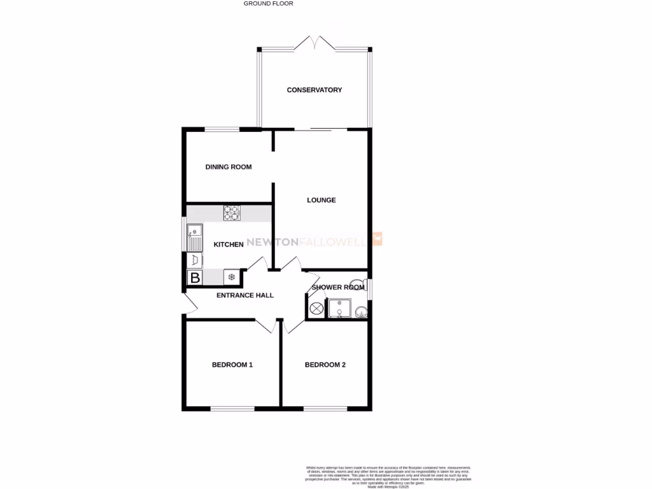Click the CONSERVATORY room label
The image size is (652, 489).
315,90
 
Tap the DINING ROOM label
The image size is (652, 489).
229,167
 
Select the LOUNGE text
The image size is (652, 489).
322,200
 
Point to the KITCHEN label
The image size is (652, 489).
229,244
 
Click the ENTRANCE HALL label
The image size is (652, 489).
245,295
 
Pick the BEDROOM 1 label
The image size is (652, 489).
232,365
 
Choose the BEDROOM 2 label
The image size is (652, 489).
325,365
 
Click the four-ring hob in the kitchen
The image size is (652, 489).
231,213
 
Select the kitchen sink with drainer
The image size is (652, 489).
194,237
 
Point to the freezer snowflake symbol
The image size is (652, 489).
232,277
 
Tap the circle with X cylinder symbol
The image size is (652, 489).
316,309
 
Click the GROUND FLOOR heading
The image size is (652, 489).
268,3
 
